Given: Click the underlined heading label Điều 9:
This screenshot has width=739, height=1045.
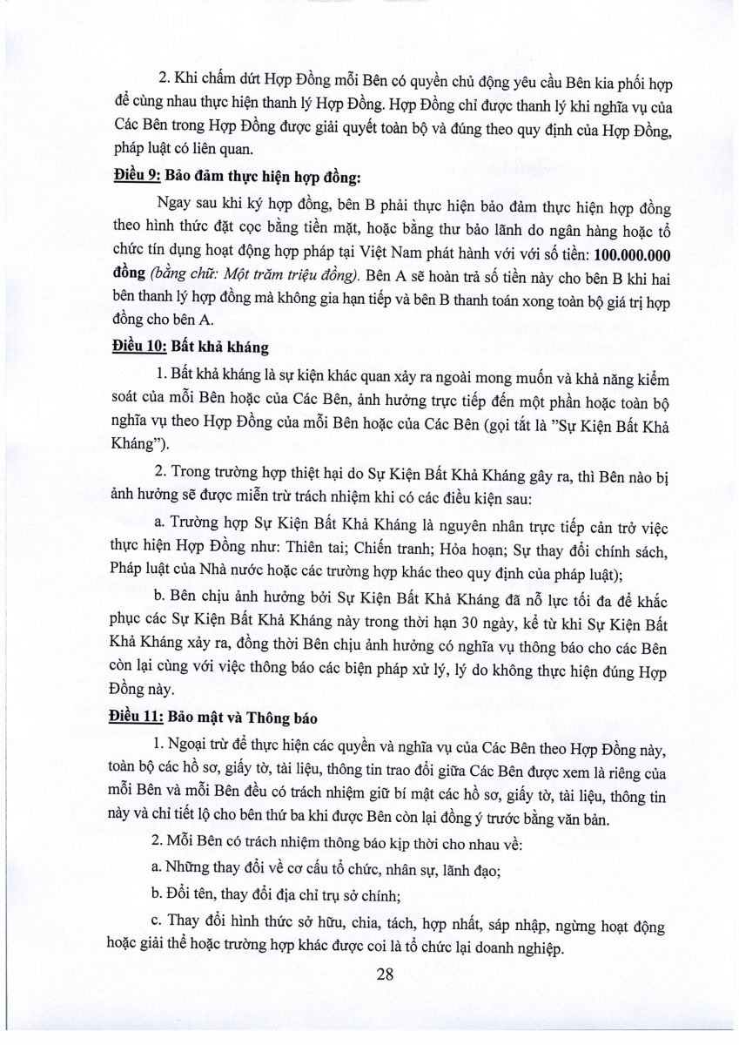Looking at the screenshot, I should pyautogui.click(x=137, y=178).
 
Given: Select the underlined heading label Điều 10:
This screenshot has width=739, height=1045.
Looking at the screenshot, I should pyautogui.click(x=140, y=347).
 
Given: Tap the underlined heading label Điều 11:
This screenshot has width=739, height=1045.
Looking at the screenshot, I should pyautogui.click(x=140, y=719).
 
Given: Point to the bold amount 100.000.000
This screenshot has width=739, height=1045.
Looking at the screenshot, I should pyautogui.click(x=621, y=253).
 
